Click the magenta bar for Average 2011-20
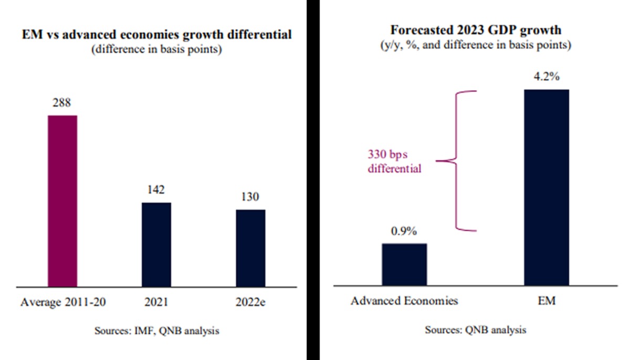pos(62,200)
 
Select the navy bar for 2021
pos(156,244)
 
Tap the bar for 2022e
pos(250,248)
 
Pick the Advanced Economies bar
pos(404,264)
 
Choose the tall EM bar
pos(547,187)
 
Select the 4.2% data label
pos(547,77)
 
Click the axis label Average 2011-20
pos(62,302)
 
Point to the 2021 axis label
pos(156,302)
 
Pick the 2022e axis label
pos(250,302)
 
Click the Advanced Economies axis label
pos(404,301)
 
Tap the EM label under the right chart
pos(547,301)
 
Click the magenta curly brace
pos(455,161)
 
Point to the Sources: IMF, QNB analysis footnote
pos(156,331)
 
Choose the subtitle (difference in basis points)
pos(156,50)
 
